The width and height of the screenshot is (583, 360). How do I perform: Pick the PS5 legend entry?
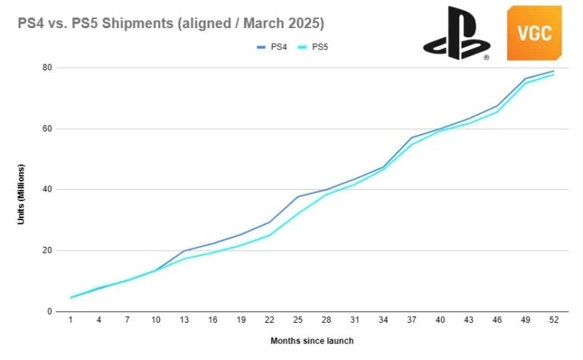317,47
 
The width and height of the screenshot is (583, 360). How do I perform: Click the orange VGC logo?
534,33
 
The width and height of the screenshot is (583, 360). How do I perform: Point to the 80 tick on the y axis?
46,68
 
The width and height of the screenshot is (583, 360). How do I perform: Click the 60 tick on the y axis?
46,128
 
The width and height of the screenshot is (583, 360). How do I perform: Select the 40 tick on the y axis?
46,189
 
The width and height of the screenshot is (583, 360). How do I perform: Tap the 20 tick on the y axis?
46,251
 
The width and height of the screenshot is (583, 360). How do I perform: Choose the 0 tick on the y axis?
49,311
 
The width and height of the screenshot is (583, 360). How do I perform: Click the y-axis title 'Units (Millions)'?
23,194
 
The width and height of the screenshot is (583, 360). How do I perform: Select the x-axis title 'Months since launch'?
311,341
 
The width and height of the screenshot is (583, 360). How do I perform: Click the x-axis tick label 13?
185,321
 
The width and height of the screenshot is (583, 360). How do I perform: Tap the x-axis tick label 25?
298,321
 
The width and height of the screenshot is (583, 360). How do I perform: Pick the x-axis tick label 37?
412,321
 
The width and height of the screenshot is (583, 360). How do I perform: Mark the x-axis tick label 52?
553,321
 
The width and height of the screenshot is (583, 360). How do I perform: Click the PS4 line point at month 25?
298,197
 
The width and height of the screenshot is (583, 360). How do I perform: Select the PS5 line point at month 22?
270,235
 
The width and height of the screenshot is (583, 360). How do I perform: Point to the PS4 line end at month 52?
553,71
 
